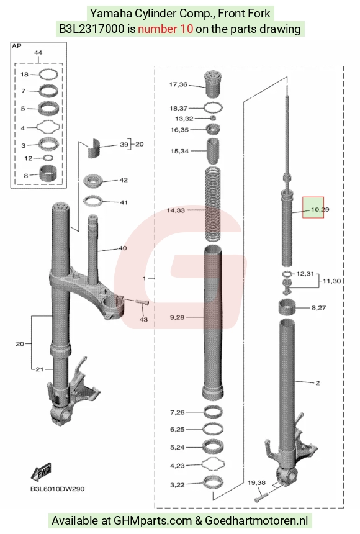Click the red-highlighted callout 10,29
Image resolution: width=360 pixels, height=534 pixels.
[320, 209]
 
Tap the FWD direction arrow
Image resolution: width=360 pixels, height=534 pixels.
[42, 471]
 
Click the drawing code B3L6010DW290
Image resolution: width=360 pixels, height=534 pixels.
[58, 489]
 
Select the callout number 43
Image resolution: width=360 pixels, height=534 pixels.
[143, 319]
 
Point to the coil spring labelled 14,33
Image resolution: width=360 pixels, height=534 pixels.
[214, 203]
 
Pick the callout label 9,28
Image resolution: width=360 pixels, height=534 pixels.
[177, 317]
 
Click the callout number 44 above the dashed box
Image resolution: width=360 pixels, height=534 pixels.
[38, 52]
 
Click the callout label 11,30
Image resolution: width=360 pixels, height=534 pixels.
[331, 281]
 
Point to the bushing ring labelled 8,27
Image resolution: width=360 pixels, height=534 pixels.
[287, 307]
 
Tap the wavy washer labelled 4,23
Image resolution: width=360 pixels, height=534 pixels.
[214, 464]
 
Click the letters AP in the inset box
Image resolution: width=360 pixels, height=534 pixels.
[16, 45]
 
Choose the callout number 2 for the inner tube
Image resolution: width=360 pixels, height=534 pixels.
[317, 383]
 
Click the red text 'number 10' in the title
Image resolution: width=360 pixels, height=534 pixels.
[165, 29]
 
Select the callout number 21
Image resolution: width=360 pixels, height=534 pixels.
[40, 369]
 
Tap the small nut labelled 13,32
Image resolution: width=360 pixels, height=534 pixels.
[214, 118]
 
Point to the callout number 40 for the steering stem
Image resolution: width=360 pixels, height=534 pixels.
[123, 248]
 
